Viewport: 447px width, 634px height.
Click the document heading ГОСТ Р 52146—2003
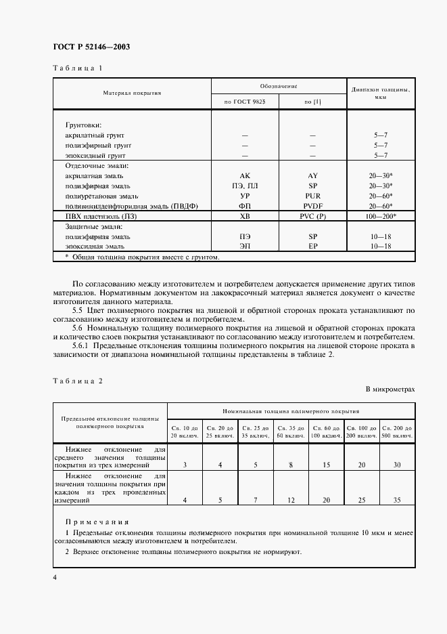coord(91,47)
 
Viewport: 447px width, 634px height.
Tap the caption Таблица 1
coord(78,68)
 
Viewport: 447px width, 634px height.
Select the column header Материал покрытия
coord(132,93)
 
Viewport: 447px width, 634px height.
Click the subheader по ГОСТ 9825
coord(245,101)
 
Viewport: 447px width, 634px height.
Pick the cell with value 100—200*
coord(380,216)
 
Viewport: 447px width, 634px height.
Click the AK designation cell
coord(245,175)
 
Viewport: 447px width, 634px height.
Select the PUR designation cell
coord(312,196)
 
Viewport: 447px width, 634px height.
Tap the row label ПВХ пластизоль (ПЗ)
coord(99,216)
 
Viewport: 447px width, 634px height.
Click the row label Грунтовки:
coord(83,125)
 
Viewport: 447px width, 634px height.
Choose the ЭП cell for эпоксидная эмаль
coord(245,247)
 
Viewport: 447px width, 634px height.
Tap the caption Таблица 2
coord(78,380)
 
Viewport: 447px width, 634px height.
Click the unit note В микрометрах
coord(390,389)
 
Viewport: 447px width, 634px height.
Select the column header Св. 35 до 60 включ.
coord(291,432)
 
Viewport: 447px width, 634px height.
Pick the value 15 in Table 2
coord(327,465)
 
